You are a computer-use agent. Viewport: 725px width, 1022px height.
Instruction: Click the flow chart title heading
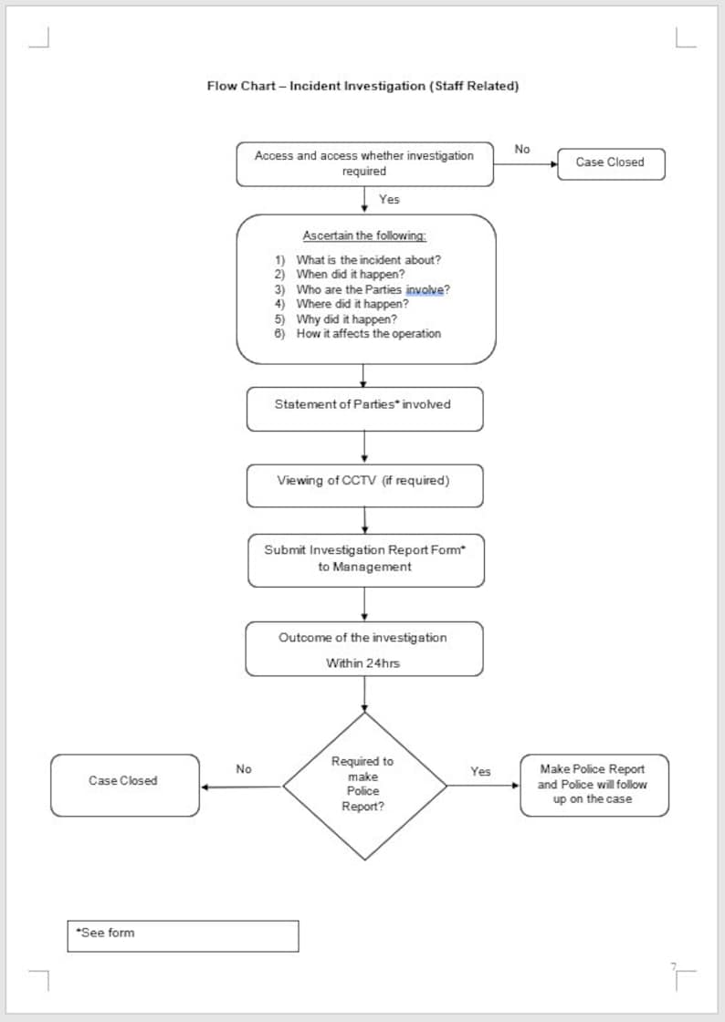click(x=362, y=86)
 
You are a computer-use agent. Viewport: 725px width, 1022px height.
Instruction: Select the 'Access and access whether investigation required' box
click(x=364, y=164)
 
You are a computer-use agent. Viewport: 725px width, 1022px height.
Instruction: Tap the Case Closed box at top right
click(x=610, y=162)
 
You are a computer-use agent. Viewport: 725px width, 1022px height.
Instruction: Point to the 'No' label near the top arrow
click(x=522, y=149)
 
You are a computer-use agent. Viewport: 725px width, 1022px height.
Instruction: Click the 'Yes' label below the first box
click(x=389, y=199)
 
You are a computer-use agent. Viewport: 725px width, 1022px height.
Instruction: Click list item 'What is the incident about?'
click(x=368, y=259)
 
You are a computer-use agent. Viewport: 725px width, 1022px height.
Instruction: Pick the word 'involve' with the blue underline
click(x=425, y=289)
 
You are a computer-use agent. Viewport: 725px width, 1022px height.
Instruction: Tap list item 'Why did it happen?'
click(x=346, y=318)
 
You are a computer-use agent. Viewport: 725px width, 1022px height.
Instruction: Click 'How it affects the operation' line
click(x=368, y=333)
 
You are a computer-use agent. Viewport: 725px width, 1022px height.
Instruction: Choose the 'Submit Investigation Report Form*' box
click(x=365, y=558)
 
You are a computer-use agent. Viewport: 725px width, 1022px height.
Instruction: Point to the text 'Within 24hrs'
click(x=362, y=663)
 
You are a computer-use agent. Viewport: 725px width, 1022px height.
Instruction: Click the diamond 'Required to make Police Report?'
click(x=363, y=785)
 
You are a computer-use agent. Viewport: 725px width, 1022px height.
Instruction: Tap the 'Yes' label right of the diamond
click(x=480, y=771)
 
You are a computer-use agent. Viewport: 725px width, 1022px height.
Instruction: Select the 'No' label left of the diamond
click(x=244, y=769)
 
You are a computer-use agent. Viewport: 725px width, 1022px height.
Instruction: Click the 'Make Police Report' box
click(x=594, y=784)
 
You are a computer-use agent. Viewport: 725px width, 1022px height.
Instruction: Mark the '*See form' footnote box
click(x=182, y=935)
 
